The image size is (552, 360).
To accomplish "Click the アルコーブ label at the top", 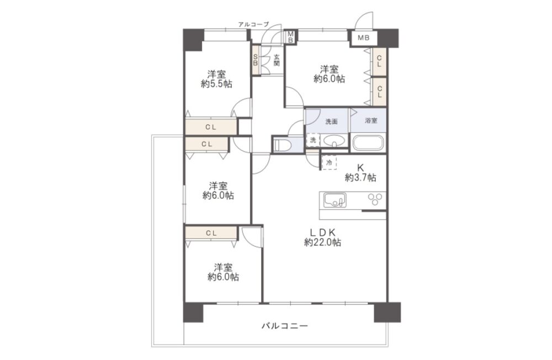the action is [x=253, y=24].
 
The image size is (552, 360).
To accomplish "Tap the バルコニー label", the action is [x=285, y=326].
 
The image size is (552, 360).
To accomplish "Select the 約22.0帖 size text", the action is [x=322, y=242].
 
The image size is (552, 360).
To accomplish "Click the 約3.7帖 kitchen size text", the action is [x=360, y=178].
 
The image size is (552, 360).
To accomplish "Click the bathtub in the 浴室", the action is [x=369, y=142].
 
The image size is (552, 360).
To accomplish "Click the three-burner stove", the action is [x=375, y=199].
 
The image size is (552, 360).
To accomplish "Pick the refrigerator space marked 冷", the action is [x=329, y=163].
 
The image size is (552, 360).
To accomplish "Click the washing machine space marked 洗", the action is [x=313, y=140].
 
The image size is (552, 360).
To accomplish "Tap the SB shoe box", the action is [x=256, y=60].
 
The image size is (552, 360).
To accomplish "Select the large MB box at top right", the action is [x=364, y=38].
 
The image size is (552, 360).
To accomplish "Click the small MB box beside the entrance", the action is [x=290, y=37].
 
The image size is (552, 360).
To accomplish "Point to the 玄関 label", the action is [x=277, y=60].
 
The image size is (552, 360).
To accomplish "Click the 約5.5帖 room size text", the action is [x=216, y=84].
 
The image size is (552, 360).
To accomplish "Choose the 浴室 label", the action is [x=371, y=121].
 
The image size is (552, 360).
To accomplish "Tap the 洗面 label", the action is [x=331, y=122].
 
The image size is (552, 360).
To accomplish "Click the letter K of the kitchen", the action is [x=360, y=168].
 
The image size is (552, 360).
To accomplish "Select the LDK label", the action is [x=322, y=232].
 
